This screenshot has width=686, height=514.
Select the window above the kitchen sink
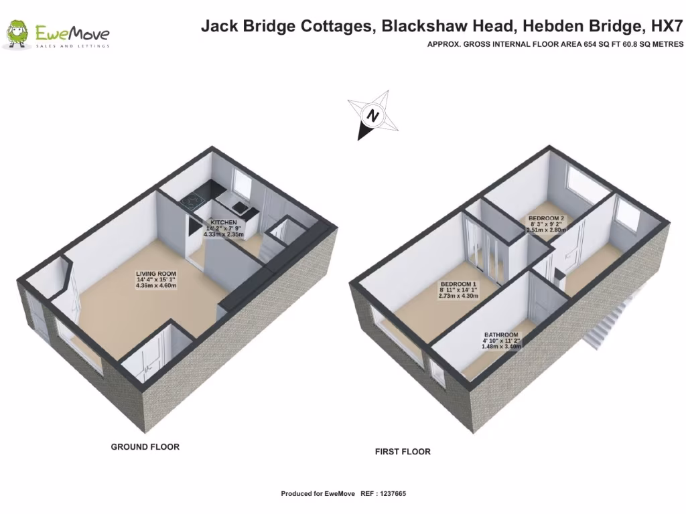click(241, 183)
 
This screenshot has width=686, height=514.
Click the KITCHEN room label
click(224, 222)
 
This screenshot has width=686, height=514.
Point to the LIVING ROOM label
click(155, 274)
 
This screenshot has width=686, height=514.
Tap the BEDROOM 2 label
click(546, 218)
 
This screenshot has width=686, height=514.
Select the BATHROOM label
click(502, 335)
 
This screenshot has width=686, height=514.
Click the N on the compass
click(372, 115)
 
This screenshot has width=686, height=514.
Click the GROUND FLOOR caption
click(145, 446)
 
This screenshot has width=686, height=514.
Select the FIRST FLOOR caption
click(402, 452)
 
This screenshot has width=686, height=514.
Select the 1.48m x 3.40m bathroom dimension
click(502, 347)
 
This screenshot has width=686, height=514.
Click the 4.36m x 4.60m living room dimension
click(155, 286)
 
